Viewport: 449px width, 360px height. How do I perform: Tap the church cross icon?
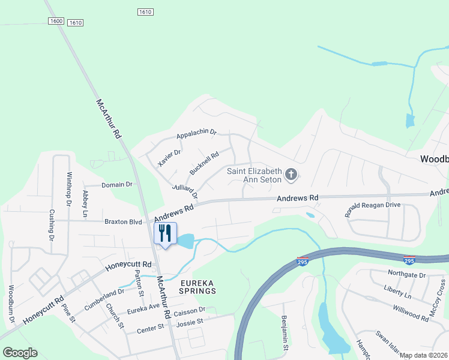tap(291, 175)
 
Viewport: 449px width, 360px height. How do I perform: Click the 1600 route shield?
tap(56, 21)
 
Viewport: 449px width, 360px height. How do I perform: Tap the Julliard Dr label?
tap(184, 191)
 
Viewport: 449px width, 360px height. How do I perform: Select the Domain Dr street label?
tap(116, 185)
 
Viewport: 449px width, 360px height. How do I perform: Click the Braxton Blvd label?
tap(123, 221)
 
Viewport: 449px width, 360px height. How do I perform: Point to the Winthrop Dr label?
tap(69, 188)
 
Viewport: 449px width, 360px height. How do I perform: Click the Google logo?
tap(20, 353)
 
